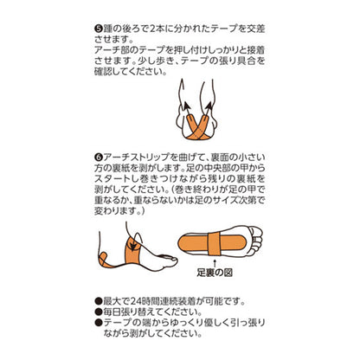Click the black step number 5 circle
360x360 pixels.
point(99,29)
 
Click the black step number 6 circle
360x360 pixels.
point(99,157)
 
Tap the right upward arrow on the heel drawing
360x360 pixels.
point(209,110)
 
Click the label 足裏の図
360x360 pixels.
point(215,273)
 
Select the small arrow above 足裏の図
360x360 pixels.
point(215,263)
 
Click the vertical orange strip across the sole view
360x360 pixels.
point(215,244)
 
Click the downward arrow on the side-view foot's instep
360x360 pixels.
point(132,244)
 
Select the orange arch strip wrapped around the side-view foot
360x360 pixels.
point(133,252)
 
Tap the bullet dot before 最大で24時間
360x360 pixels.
point(99,302)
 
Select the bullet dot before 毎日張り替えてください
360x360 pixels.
point(99,312)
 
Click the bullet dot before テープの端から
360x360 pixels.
point(99,323)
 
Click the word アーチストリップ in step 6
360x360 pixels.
point(136,157)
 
